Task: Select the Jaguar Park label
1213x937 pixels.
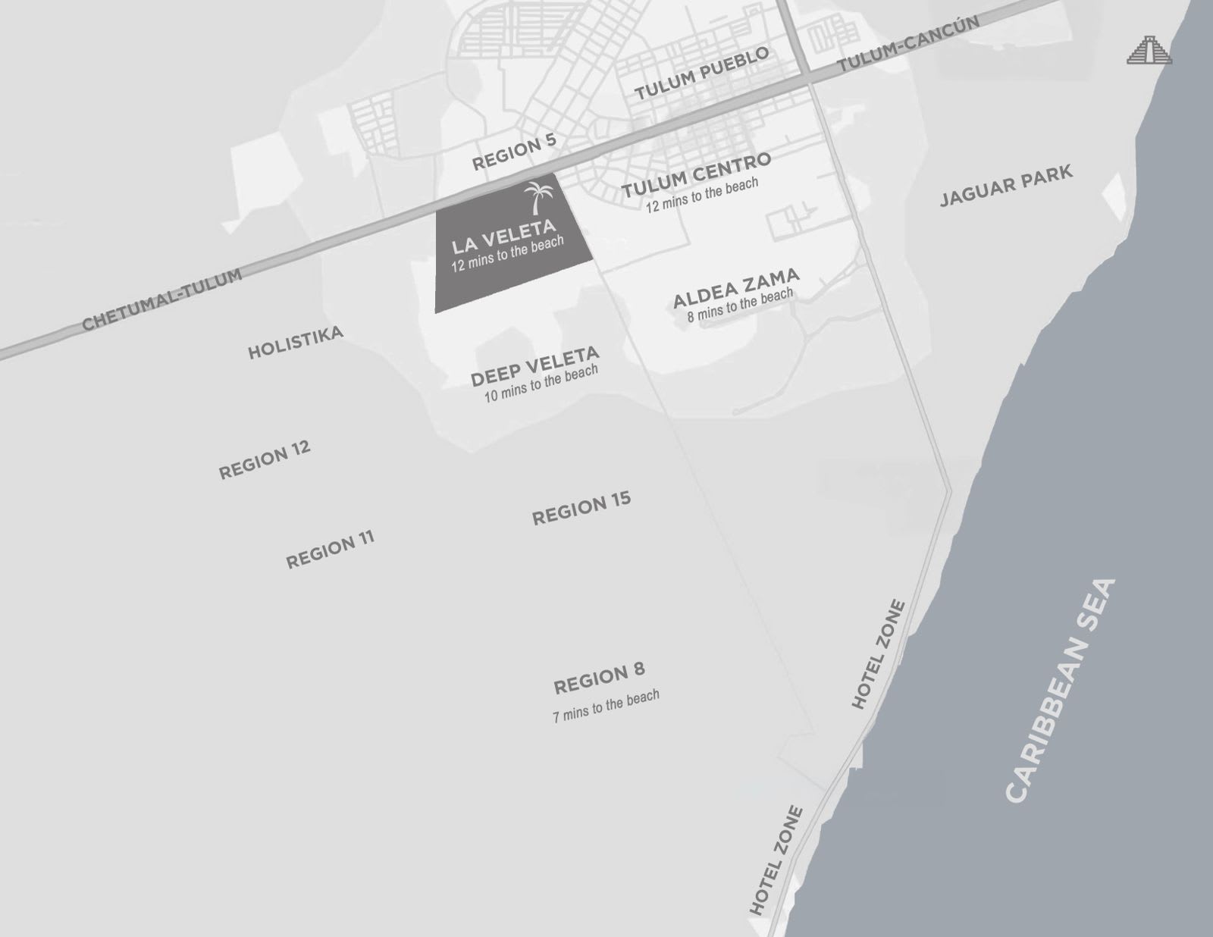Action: click(1006, 186)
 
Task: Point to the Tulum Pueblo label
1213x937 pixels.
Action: click(702, 73)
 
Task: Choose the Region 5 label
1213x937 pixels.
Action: click(514, 152)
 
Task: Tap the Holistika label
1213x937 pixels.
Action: click(296, 343)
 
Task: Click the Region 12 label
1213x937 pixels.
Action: click(265, 459)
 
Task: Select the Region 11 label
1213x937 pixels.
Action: click(330, 550)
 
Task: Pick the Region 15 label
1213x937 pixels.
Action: click(581, 509)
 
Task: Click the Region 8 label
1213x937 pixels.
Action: click(599, 678)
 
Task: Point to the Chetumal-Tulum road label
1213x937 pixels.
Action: click(162, 299)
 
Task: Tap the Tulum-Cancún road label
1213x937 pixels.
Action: click(908, 45)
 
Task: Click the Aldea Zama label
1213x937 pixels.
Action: click(736, 287)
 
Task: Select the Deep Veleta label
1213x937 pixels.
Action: click(535, 366)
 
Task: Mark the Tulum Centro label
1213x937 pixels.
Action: click(696, 175)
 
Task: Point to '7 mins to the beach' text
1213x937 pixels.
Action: click(606, 706)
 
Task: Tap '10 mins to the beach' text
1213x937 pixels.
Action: click(541, 384)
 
